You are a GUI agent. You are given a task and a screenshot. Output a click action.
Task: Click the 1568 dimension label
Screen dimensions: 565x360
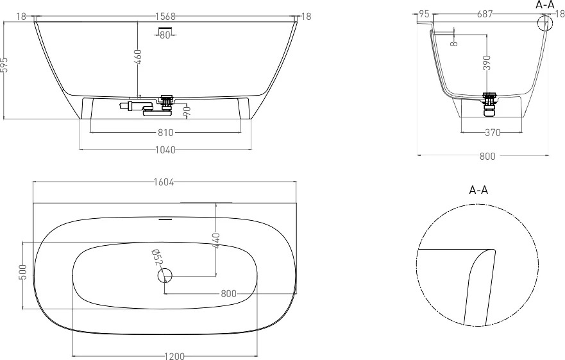point(165,16)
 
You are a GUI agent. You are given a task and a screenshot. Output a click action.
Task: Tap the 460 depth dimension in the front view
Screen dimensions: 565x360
point(138,57)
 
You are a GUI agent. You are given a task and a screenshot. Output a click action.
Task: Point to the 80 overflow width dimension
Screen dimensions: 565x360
point(165,35)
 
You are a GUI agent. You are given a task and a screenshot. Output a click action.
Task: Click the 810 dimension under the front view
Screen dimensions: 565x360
point(165,133)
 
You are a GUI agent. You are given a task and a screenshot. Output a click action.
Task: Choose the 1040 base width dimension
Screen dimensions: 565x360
point(165,150)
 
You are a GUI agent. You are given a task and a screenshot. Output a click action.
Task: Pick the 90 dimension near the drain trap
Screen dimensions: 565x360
point(187,112)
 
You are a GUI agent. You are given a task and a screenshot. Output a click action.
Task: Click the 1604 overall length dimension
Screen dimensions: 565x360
point(164,182)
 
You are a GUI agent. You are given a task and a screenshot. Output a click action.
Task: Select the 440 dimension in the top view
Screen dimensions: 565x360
point(215,241)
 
